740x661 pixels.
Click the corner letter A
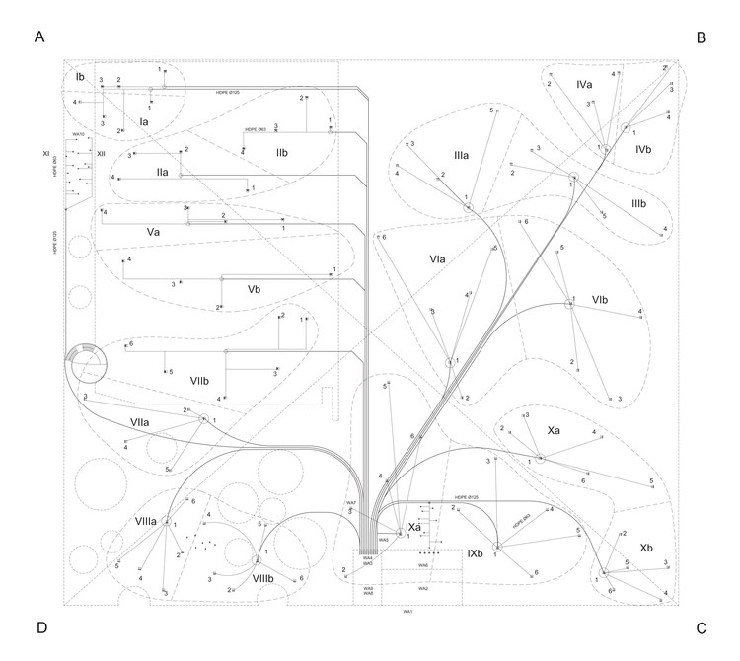[x=40, y=37]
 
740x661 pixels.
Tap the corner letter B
[x=702, y=37]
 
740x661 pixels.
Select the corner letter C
[x=702, y=627]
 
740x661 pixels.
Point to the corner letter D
[x=41, y=627]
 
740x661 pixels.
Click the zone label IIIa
[x=461, y=156]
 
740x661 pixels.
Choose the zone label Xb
[x=645, y=547]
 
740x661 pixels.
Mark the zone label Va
[x=154, y=231]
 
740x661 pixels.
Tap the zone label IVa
[x=584, y=87]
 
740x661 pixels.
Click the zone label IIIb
[x=638, y=203]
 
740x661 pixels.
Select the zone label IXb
[x=475, y=553]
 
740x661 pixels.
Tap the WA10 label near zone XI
[x=79, y=132]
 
